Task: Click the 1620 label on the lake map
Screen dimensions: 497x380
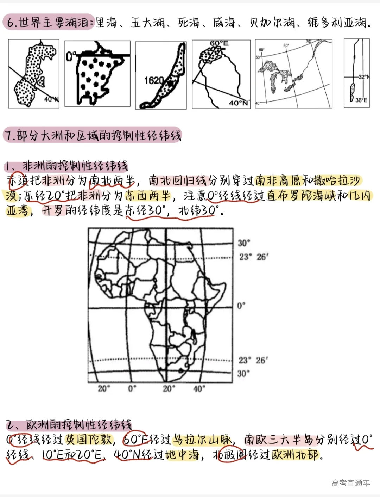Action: tap(153, 81)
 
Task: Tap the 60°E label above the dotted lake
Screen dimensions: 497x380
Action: tap(219, 43)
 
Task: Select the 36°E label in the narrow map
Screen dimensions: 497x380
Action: tap(361, 100)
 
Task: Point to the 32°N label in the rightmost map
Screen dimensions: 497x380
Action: tap(363, 76)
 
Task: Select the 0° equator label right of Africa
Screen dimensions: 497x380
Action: tap(241, 306)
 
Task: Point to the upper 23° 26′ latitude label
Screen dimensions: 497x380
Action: tap(253, 257)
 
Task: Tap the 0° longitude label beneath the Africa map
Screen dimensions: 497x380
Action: tap(132, 388)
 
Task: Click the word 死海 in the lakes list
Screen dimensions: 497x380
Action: tap(189, 23)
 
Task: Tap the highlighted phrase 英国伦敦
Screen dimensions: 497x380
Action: tap(89, 440)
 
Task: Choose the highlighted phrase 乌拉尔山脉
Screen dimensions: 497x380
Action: tap(202, 440)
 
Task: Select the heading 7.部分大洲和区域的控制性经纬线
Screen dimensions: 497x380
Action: tap(93, 135)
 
